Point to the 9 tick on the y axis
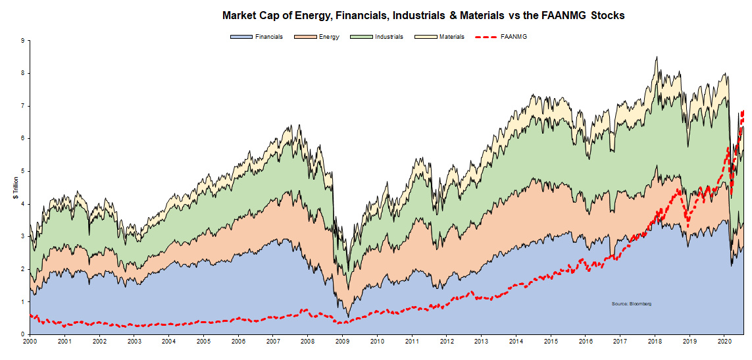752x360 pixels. (22, 41)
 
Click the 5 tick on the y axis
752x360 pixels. (22, 171)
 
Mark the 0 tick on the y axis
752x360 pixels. (22, 334)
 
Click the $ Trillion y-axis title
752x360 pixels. (16, 188)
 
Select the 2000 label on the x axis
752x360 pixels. (30, 342)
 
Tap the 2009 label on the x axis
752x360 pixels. (342, 342)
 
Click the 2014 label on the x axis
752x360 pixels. (516, 342)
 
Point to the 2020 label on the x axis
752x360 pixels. (724, 342)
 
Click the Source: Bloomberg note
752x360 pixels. (631, 303)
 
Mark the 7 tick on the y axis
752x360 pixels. (22, 106)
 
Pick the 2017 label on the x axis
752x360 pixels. (620, 342)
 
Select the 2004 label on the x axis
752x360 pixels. (168, 342)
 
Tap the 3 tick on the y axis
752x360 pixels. (22, 236)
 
